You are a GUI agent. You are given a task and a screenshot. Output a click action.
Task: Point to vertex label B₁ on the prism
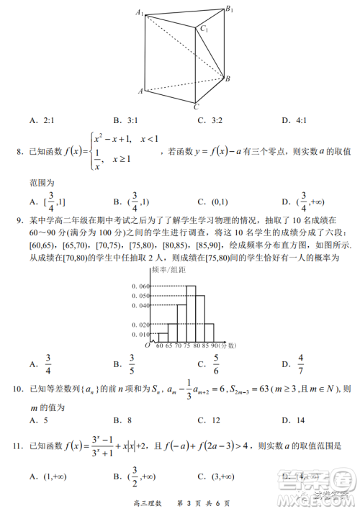[x=229, y=9]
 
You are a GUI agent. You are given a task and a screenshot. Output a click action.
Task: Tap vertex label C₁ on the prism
[x=205, y=30]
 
